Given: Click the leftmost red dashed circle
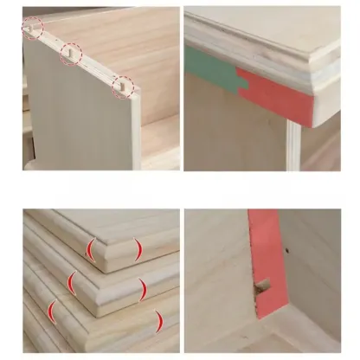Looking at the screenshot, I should pos(33,29).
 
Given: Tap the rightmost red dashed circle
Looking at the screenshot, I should pos(123,86).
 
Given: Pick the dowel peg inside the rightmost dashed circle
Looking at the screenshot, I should pos(123,86).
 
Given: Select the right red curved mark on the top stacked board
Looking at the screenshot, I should pos(137,250).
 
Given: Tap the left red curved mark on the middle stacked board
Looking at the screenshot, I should pos(73,282).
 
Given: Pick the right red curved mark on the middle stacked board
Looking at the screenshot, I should pos(143,288).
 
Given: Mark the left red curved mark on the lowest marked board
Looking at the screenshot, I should pos(54,312).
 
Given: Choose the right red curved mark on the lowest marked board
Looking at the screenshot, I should pos(158,321).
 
